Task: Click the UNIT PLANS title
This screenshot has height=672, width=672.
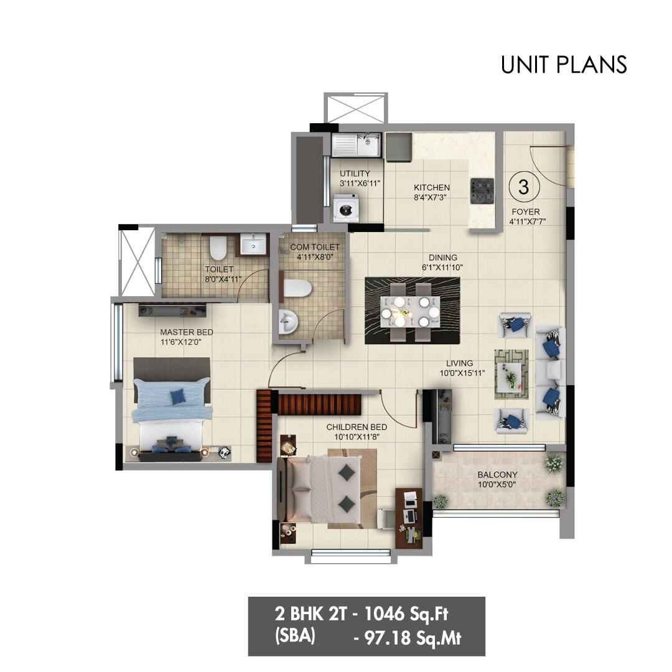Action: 564,65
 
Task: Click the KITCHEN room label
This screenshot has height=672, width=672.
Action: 432,187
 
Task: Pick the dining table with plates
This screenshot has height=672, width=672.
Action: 410,309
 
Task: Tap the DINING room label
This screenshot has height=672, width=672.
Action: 442,258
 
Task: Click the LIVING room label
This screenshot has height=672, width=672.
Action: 459,363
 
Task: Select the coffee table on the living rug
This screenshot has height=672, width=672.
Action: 511,376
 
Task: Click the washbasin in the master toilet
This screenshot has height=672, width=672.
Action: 253,245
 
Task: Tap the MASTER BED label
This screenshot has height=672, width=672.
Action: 186,332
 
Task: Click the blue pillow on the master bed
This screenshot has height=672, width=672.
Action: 179,394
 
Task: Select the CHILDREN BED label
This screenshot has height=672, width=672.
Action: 357,427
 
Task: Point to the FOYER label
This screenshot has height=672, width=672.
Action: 525,211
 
